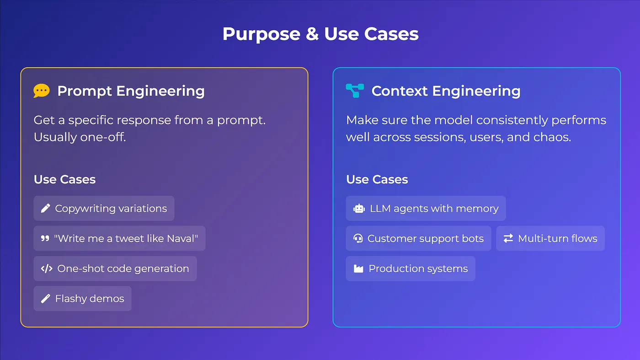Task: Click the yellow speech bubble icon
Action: [x=42, y=91]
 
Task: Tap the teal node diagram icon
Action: [x=355, y=91]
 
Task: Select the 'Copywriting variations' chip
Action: [x=104, y=209]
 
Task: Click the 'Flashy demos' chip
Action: [x=83, y=299]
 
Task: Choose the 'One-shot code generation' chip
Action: [x=115, y=269]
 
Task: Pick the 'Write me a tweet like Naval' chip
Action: [x=119, y=238]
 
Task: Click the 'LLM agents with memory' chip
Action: [x=426, y=209]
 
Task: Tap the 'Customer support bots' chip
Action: [x=419, y=238]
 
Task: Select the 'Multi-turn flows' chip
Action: [x=550, y=238]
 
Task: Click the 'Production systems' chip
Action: [x=411, y=269]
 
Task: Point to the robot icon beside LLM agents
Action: [x=359, y=209]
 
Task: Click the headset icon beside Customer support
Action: [x=358, y=238]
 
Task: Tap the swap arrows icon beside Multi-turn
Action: [x=508, y=238]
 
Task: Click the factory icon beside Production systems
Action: [x=358, y=269]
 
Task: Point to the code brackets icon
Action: [x=47, y=269]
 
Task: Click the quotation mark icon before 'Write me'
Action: [x=45, y=238]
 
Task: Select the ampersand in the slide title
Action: [x=312, y=34]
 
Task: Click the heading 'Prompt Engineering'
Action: [x=131, y=91]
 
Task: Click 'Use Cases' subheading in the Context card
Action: [x=377, y=180]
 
